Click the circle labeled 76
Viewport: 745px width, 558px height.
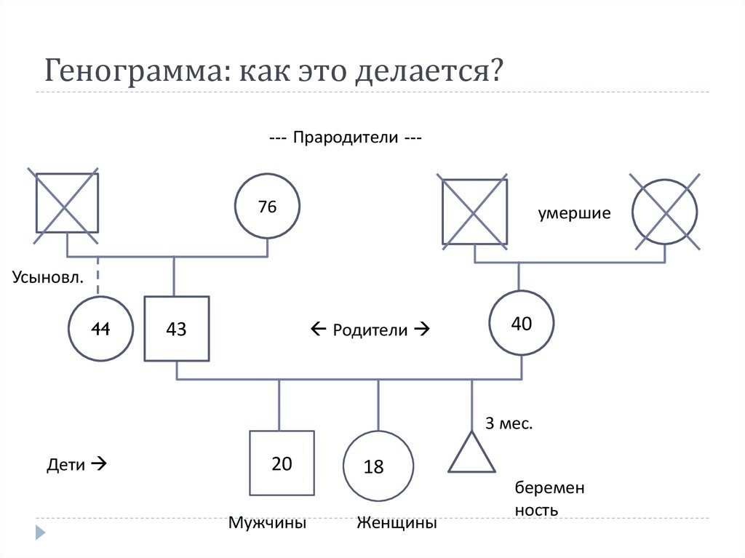tap(268, 207)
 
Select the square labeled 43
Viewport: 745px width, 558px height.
tap(177, 329)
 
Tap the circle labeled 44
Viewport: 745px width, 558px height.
tap(100, 329)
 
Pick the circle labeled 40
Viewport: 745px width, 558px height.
tap(521, 323)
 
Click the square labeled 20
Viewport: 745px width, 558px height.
tap(282, 463)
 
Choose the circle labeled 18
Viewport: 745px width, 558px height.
tap(378, 466)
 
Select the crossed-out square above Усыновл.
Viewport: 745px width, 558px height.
tap(67, 204)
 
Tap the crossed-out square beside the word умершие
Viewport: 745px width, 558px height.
tap(474, 212)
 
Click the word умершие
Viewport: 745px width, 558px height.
tap(574, 213)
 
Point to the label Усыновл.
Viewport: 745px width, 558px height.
tap(47, 276)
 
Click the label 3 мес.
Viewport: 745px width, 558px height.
tap(509, 423)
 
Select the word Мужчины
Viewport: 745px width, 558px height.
tap(267, 523)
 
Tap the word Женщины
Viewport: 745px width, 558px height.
tap(397, 523)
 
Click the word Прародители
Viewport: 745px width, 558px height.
tap(346, 138)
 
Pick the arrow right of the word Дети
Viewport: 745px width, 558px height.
tap(99, 462)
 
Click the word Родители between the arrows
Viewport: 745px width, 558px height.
tap(370, 330)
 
